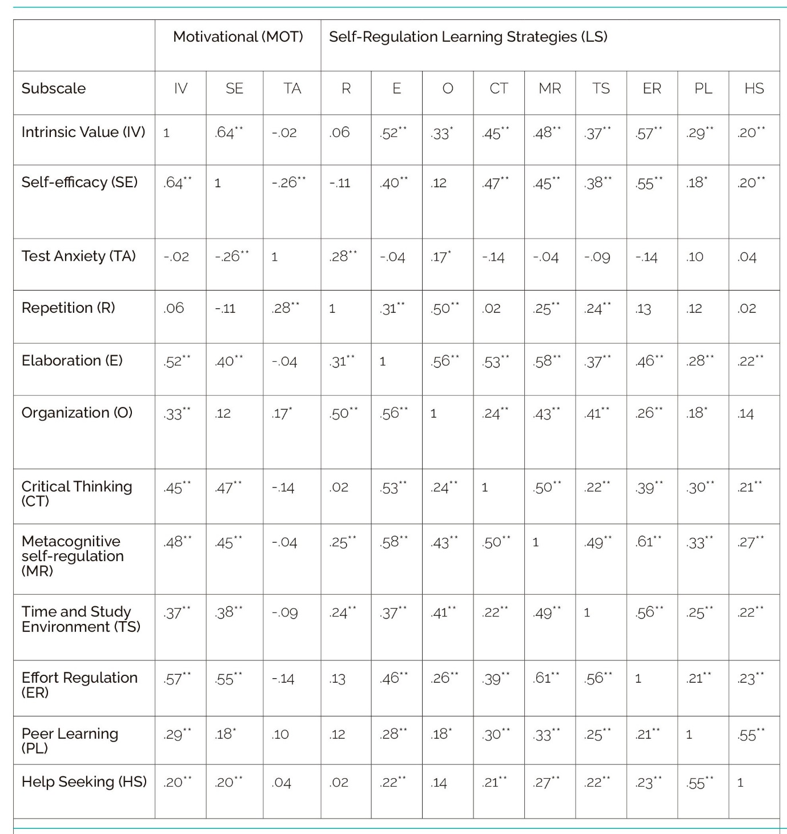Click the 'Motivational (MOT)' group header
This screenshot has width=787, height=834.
tap(238, 37)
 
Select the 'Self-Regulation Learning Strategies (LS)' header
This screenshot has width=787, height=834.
tap(468, 37)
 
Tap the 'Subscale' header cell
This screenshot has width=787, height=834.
tap(54, 88)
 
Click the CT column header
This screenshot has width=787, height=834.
tap(499, 88)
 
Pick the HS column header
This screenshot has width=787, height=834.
tap(754, 88)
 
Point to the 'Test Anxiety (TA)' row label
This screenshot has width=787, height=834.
tap(78, 256)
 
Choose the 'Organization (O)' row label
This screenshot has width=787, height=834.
tap(77, 413)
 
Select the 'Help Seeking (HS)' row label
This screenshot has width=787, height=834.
tap(84, 781)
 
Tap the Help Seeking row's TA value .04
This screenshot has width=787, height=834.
tap(282, 783)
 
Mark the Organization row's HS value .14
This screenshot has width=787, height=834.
tap(745, 414)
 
